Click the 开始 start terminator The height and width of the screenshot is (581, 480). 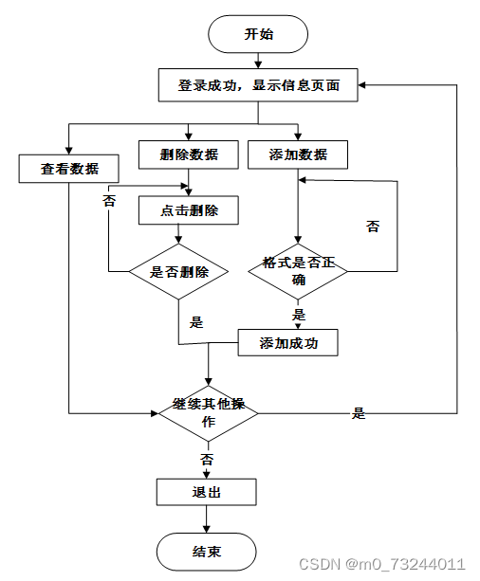[x=258, y=34]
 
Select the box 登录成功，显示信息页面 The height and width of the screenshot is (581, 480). [x=258, y=85]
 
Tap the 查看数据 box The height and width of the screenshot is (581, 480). [x=69, y=169]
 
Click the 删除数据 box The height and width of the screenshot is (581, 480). [x=189, y=154]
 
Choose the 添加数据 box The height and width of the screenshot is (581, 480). [x=298, y=154]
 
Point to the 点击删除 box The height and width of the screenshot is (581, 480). [x=189, y=210]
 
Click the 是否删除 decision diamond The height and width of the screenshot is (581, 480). [x=178, y=271]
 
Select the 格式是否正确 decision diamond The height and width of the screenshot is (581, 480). [x=298, y=271]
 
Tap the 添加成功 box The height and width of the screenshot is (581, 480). [x=287, y=342]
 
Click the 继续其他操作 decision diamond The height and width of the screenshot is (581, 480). [x=209, y=413]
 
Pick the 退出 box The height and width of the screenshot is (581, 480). [x=206, y=492]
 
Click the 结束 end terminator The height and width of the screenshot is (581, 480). [x=206, y=552]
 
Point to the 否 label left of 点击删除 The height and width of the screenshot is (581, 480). [x=109, y=201]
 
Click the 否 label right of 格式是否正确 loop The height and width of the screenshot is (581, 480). [x=373, y=226]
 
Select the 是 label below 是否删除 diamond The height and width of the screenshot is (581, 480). [x=196, y=322]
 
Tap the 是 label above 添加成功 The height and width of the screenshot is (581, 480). [x=299, y=315]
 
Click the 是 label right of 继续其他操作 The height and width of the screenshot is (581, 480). [x=359, y=413]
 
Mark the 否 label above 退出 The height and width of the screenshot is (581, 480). [x=207, y=460]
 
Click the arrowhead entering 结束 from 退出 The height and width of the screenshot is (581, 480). [x=206, y=529]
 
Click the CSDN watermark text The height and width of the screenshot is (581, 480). [x=381, y=564]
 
